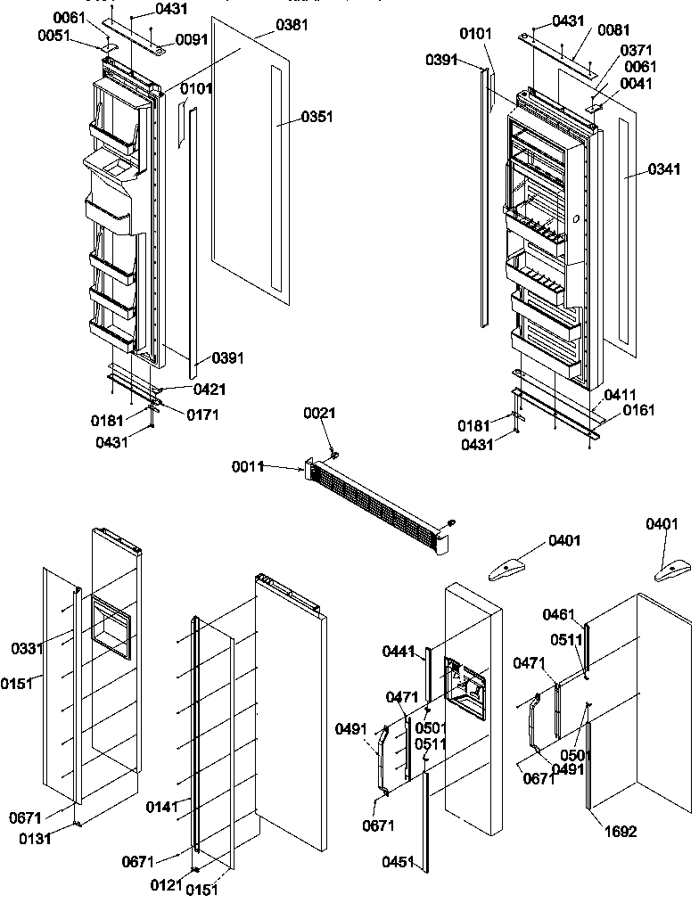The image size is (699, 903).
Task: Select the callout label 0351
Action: (317, 117)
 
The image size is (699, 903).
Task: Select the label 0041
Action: (636, 84)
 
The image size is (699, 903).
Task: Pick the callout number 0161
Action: (638, 411)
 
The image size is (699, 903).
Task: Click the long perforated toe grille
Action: (379, 513)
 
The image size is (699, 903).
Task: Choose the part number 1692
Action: (621, 832)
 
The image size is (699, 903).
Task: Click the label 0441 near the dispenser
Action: (399, 653)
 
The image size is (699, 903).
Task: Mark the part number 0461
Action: (559, 614)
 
